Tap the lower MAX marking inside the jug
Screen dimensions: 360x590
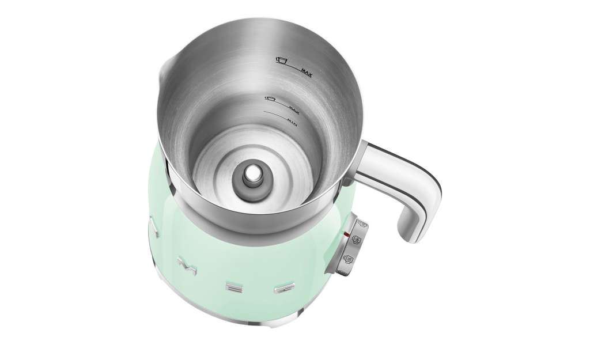296,108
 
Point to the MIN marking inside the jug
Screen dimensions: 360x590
292,121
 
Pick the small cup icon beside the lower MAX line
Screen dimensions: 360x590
269,98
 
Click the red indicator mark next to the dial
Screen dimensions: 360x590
345,234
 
